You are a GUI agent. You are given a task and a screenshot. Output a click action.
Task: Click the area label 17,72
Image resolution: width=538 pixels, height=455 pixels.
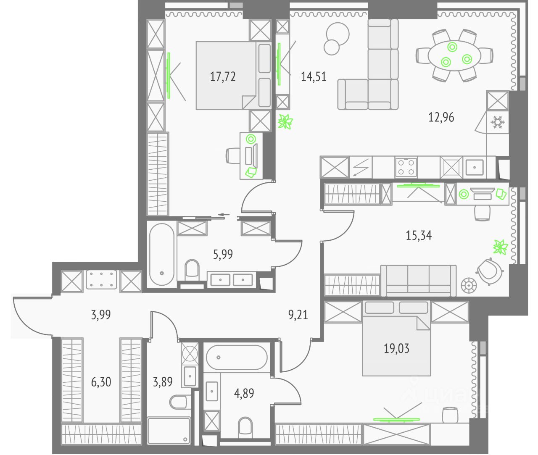click(223, 76)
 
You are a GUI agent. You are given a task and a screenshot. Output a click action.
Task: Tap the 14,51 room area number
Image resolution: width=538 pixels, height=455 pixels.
click(314, 76)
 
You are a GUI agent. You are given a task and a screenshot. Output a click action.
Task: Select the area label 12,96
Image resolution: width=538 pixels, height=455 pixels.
click(441, 117)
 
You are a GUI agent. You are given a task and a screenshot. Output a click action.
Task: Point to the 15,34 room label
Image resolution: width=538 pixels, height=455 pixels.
click(419, 235)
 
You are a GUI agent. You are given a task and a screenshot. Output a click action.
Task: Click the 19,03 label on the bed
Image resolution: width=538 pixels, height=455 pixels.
click(396, 348)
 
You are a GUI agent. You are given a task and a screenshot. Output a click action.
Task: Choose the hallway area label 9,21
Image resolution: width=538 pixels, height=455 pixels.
click(298, 314)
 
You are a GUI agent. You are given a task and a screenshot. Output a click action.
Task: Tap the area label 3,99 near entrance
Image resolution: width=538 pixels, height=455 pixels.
click(101, 314)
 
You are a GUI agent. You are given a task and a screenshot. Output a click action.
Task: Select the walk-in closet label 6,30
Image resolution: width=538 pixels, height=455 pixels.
click(101, 382)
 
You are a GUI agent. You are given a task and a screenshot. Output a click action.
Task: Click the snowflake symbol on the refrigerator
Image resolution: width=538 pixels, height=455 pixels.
click(497, 123)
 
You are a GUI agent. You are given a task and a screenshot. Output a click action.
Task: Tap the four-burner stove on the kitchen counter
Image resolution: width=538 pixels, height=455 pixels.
click(406, 167)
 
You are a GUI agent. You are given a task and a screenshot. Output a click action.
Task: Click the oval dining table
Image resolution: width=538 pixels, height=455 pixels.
click(454, 55)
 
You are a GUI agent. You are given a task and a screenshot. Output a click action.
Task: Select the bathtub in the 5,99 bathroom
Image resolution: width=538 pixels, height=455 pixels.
click(162, 255)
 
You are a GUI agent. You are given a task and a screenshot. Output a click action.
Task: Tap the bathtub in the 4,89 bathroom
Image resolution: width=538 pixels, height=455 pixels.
click(237, 357)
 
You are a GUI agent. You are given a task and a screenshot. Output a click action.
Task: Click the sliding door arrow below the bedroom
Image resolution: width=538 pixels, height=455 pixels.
click(224, 216)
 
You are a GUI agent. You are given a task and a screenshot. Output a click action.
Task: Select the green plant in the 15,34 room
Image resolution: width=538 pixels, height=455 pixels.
click(500, 247)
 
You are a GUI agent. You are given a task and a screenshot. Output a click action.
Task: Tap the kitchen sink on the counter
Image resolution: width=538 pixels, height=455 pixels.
click(475, 167)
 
